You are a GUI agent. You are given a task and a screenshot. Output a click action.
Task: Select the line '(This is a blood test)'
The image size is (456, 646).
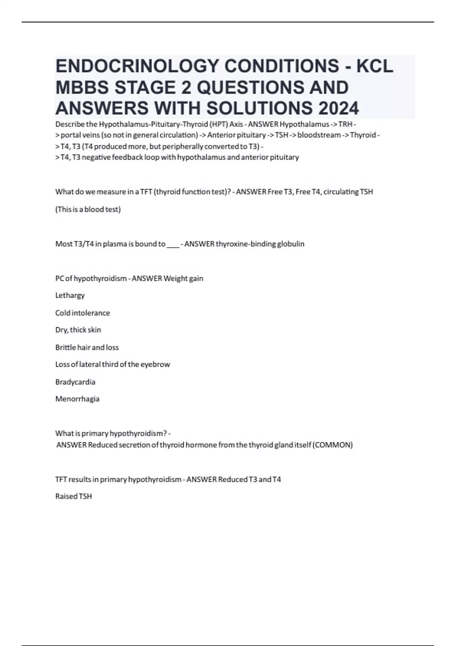click(88, 209)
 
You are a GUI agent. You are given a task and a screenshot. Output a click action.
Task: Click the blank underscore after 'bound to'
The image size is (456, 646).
click(173, 244)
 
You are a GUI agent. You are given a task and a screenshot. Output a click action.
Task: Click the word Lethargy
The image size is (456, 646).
click(70, 296)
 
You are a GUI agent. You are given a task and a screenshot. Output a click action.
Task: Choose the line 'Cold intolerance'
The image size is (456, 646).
click(82, 313)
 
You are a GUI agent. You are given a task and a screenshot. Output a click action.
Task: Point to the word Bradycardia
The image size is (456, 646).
click(75, 382)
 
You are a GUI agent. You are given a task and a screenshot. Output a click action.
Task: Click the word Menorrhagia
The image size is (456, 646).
click(77, 399)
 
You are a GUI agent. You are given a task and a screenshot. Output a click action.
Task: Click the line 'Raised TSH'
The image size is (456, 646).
click(73, 497)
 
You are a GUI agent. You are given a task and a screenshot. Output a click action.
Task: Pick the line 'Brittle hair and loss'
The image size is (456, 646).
click(87, 347)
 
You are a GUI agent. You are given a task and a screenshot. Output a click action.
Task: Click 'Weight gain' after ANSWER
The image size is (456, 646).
click(183, 279)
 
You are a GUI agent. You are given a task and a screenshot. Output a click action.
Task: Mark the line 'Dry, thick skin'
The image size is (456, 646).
click(78, 330)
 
